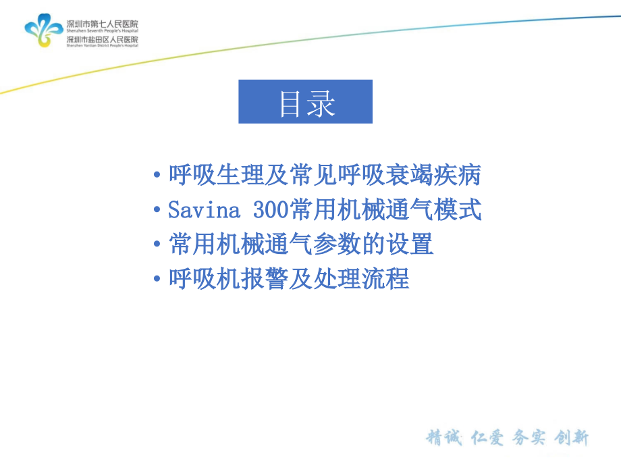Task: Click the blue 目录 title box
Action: pos(305,102)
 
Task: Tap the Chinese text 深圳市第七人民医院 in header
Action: pos(102,24)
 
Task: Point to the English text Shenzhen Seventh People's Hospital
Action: pos(102,31)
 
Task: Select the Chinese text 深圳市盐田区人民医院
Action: pos(102,39)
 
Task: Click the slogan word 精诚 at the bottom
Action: pos(443,438)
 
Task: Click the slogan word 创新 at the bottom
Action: pos(572,438)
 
